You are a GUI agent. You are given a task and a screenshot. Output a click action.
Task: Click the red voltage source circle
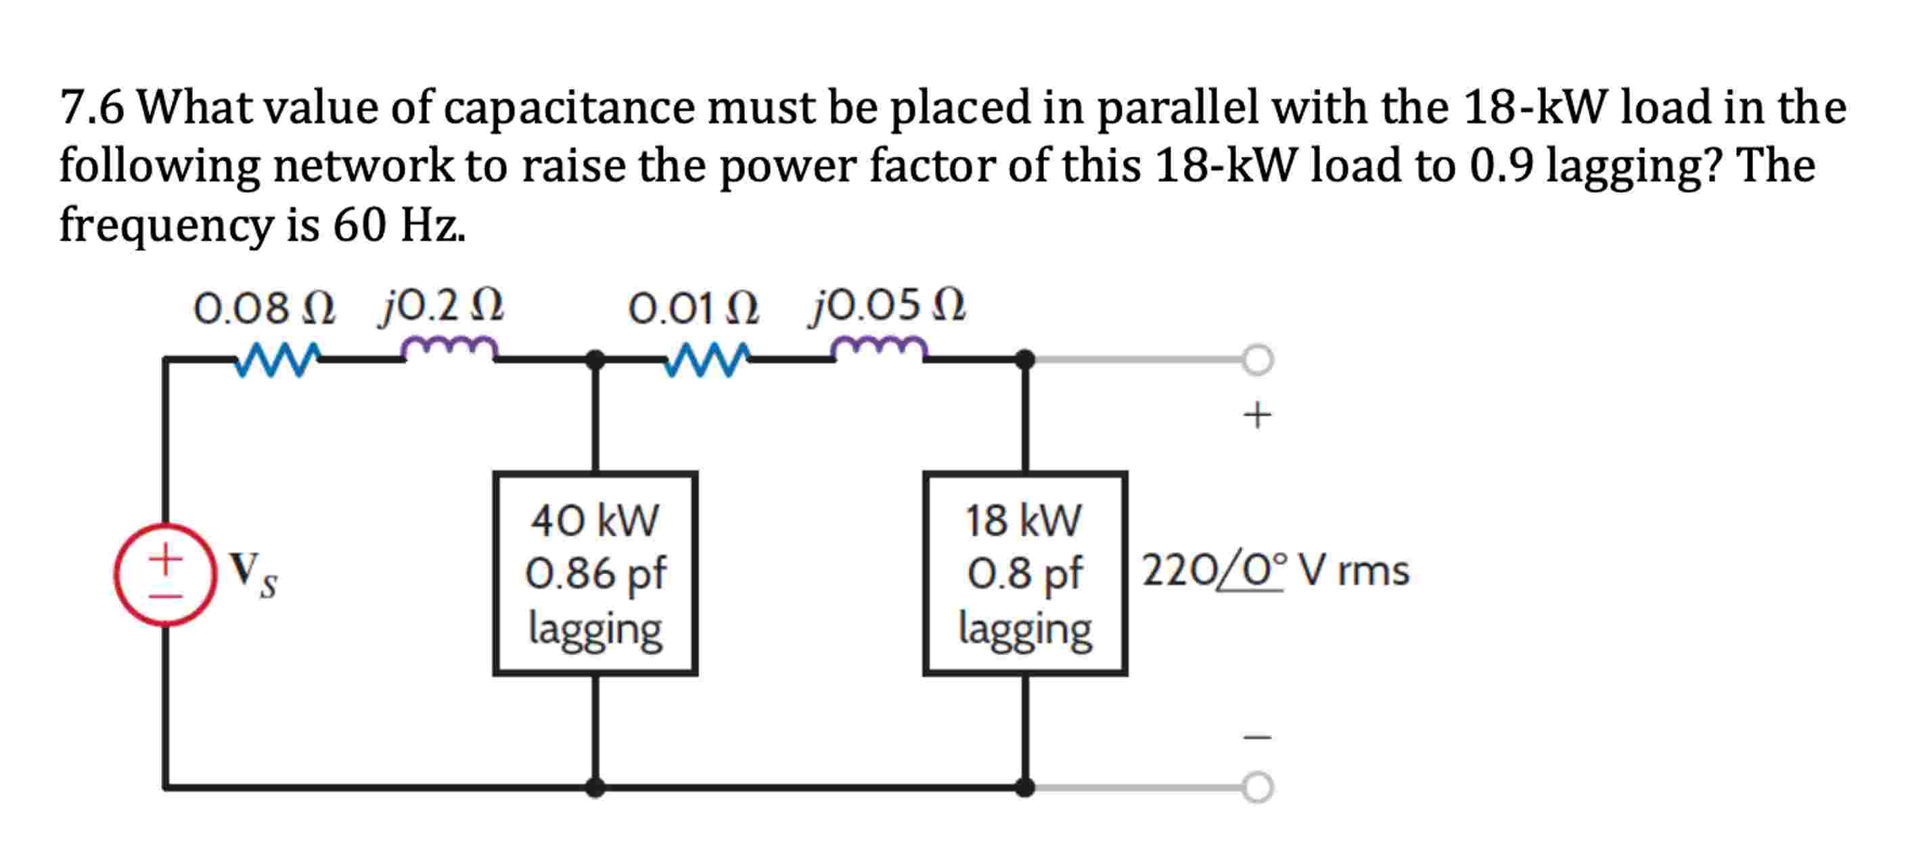tap(166, 575)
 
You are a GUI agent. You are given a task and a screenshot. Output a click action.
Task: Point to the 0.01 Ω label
tap(694, 308)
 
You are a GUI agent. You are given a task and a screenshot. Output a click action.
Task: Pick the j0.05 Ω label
tap(888, 305)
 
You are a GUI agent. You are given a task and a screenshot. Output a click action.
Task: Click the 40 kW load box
tap(595, 573)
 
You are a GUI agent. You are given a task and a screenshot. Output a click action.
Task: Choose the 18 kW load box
tap(1025, 573)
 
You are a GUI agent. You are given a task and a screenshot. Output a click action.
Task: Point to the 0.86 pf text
tap(595, 573)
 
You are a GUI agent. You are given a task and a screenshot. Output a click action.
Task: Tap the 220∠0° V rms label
tap(1274, 571)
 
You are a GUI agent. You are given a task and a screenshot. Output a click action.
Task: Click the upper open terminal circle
tap(1257, 359)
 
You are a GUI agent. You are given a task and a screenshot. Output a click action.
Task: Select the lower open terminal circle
tap(1257, 787)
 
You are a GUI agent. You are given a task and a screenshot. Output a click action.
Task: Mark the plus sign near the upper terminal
tap(1257, 415)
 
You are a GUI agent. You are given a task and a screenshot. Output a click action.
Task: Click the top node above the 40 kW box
tap(595, 360)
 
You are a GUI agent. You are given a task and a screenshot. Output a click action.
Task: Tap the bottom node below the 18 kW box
tap(1025, 787)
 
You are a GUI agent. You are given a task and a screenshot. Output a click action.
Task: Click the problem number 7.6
tap(91, 107)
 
